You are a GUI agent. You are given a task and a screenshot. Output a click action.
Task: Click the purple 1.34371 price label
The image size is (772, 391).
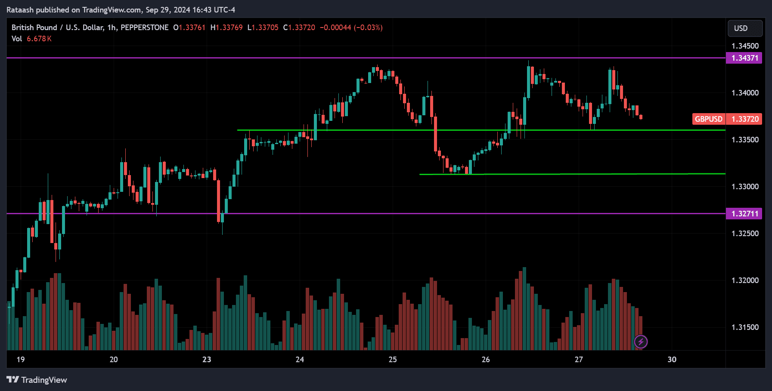click(x=744, y=58)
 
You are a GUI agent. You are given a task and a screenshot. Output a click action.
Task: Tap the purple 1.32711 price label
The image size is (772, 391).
click(x=744, y=214)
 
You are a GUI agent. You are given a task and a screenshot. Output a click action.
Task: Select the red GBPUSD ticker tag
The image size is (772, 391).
click(x=708, y=119)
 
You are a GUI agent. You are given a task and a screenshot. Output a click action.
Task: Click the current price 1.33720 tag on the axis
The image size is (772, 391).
click(x=744, y=119)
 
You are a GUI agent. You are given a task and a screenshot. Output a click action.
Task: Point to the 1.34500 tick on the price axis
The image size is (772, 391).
click(x=745, y=46)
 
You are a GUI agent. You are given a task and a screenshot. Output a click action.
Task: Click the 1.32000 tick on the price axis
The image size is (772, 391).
click(x=745, y=280)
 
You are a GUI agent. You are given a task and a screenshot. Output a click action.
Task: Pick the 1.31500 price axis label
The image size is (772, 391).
click(x=745, y=327)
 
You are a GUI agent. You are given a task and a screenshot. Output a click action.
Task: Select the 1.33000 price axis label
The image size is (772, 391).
click(x=745, y=187)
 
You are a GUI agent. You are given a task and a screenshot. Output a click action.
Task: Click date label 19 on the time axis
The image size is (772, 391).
click(x=21, y=360)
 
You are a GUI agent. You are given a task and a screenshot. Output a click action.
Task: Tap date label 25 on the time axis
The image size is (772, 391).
click(x=393, y=360)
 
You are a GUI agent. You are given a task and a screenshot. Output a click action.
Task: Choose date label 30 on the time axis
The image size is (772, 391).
click(x=672, y=360)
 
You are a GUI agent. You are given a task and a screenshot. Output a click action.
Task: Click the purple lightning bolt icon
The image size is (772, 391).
click(x=641, y=342)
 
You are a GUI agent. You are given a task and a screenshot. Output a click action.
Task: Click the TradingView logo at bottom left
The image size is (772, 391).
click(x=37, y=380)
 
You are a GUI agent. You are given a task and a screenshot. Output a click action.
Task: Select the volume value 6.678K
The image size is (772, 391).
click(x=39, y=39)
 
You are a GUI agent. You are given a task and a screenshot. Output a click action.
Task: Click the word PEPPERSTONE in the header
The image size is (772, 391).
click(x=145, y=28)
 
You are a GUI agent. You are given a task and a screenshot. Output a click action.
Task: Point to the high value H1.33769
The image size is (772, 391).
click(x=226, y=28)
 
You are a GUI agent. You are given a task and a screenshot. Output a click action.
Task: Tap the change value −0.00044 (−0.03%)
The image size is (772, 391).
click(x=351, y=28)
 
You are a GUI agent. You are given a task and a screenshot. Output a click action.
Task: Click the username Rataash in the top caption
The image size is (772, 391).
click(x=20, y=10)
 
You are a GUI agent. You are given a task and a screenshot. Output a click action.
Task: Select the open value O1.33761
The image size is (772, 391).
click(x=189, y=28)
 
